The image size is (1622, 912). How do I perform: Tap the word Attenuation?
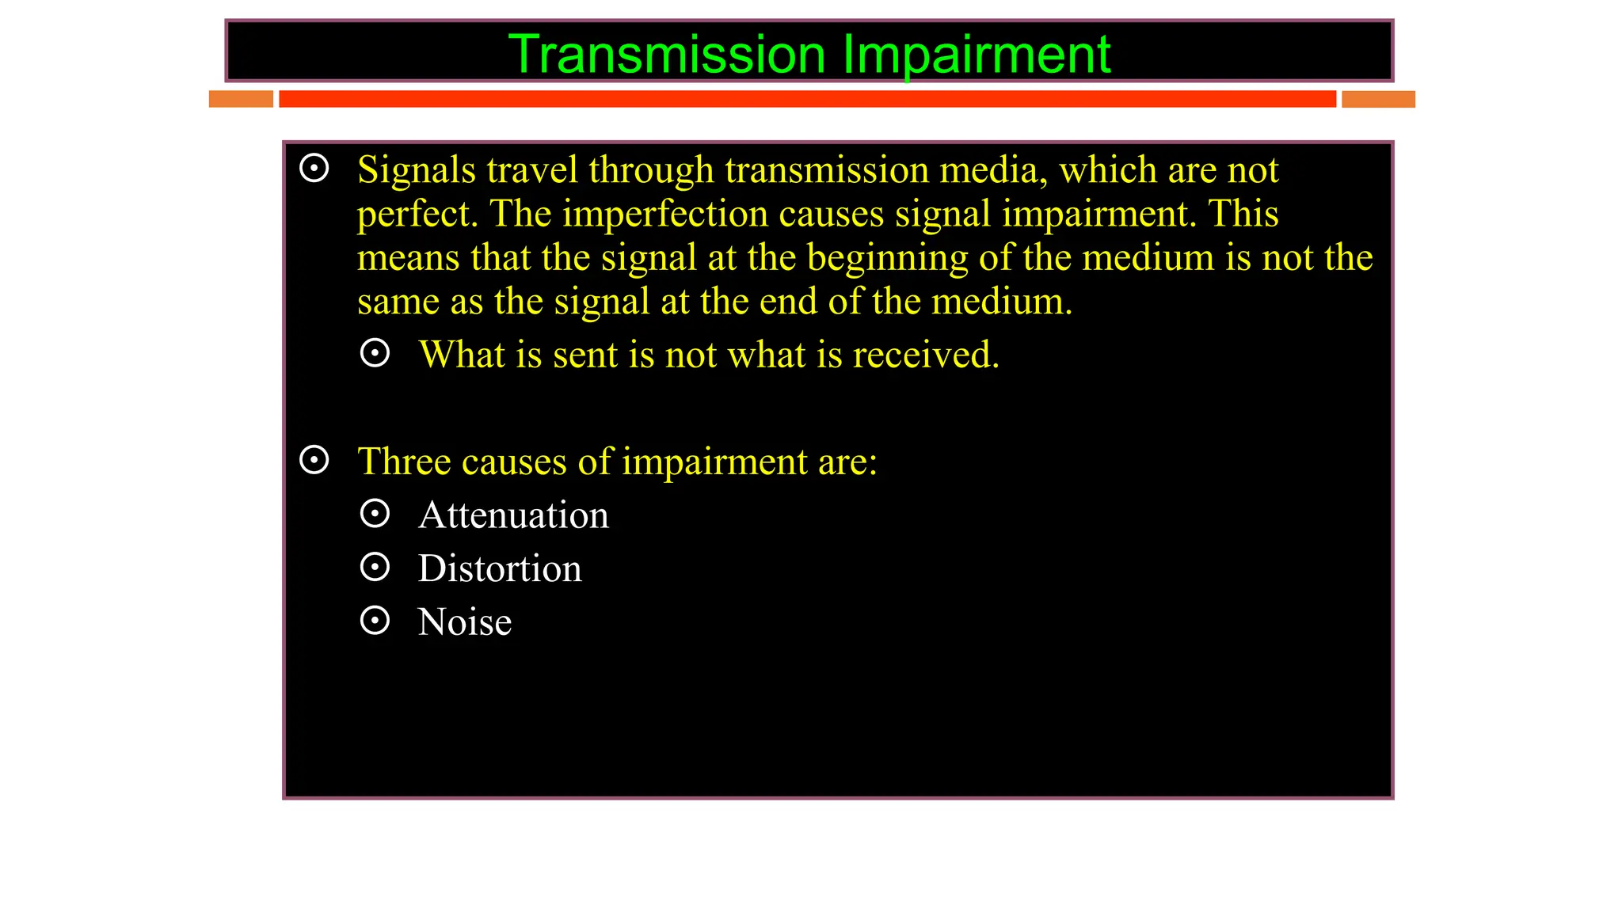[x=513, y=515]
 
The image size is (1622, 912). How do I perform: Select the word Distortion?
[x=500, y=568]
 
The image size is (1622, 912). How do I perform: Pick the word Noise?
[x=465, y=622]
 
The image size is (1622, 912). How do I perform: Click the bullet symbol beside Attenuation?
[x=375, y=514]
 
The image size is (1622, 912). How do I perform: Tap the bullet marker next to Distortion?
[x=375, y=567]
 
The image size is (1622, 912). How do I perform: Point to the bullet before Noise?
[x=375, y=621]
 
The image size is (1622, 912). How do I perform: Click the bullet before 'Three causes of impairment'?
[x=314, y=460]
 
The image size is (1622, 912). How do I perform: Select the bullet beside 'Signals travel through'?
[x=314, y=169]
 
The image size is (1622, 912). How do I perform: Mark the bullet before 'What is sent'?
[x=375, y=353]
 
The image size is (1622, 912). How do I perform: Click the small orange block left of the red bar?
[x=241, y=99]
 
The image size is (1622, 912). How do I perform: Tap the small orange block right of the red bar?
[x=1378, y=99]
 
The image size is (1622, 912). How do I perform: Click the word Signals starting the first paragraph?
[x=416, y=170]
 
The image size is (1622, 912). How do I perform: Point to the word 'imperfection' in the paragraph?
[x=665, y=214]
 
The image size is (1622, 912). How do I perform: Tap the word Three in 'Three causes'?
[x=403, y=462]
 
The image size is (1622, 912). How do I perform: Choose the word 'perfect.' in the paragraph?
[x=417, y=214]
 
